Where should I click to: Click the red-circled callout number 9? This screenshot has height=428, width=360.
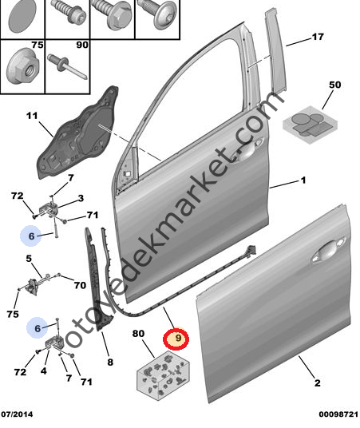tap(178, 339)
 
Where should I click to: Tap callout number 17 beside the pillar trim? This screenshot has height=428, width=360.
tap(318, 37)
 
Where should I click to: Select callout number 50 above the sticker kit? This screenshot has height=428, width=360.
tap(335, 85)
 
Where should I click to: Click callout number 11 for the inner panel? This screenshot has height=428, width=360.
tap(32, 116)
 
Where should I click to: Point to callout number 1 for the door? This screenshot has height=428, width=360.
tap(303, 180)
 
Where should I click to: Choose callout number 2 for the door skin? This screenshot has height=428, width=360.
tap(317, 382)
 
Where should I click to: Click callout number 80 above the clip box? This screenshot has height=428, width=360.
tap(138, 333)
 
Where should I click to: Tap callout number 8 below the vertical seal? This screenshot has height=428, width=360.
tap(110, 363)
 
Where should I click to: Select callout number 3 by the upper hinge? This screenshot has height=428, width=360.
tap(81, 198)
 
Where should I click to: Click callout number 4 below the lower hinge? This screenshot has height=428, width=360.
tap(44, 371)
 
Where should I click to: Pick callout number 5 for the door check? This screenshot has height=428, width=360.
tap(29, 258)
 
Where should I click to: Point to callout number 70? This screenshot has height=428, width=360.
tap(80, 285)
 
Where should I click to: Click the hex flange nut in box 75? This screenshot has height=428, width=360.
tap(23, 66)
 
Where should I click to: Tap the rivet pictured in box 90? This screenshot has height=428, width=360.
tap(67, 66)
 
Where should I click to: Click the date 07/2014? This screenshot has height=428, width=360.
tap(17, 414)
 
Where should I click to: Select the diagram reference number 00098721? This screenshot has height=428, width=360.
tap(338, 414)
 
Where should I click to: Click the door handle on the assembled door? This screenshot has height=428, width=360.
tap(247, 150)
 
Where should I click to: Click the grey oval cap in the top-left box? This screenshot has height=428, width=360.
tap(22, 15)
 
